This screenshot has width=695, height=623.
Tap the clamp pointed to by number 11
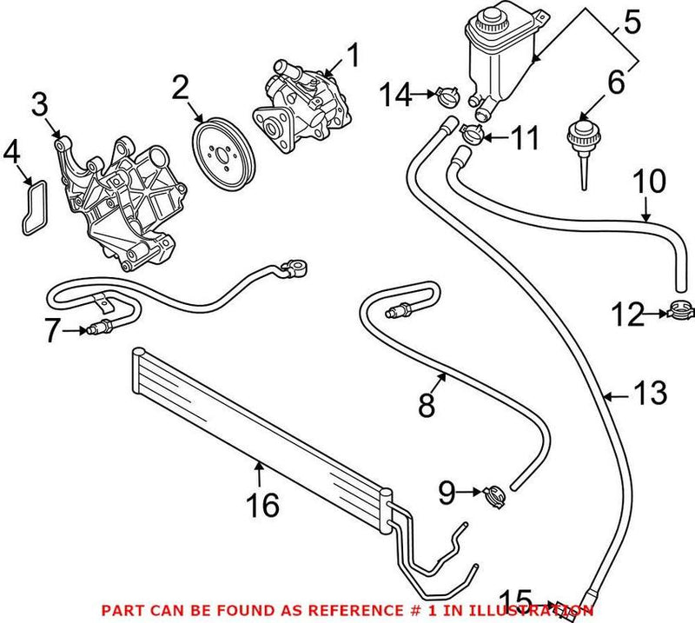click(473, 133)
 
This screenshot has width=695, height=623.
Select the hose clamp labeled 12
click(681, 308)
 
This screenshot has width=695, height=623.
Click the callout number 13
click(650, 394)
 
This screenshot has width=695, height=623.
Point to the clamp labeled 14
click(446, 96)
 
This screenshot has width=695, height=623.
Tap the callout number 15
click(517, 600)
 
